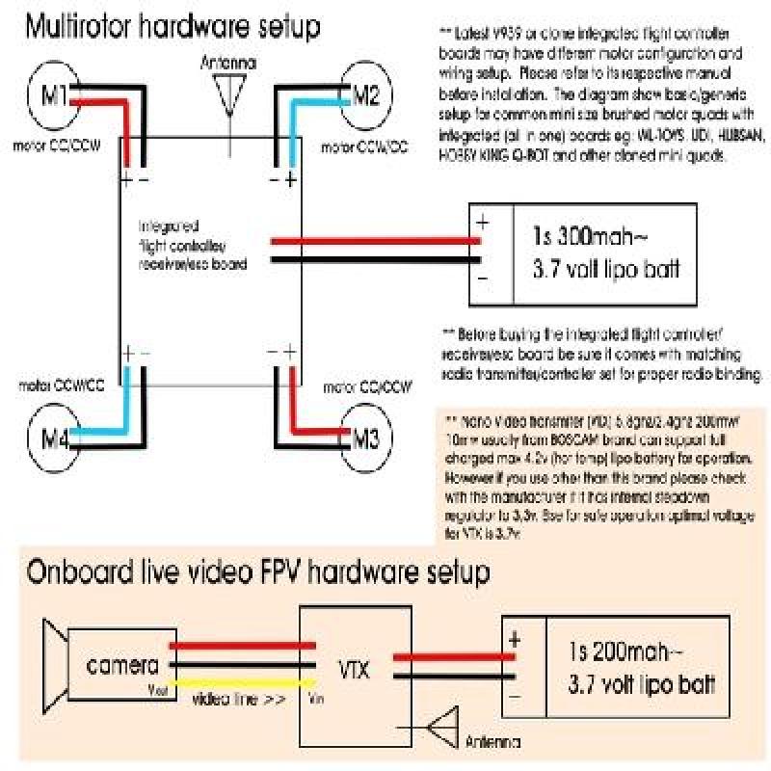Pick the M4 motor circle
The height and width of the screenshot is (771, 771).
[51, 441]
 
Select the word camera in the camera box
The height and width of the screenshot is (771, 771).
[123, 666]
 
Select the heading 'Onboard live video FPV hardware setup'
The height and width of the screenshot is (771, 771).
[258, 573]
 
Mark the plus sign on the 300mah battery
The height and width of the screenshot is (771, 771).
[483, 220]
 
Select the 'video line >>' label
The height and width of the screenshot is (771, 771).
[238, 700]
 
